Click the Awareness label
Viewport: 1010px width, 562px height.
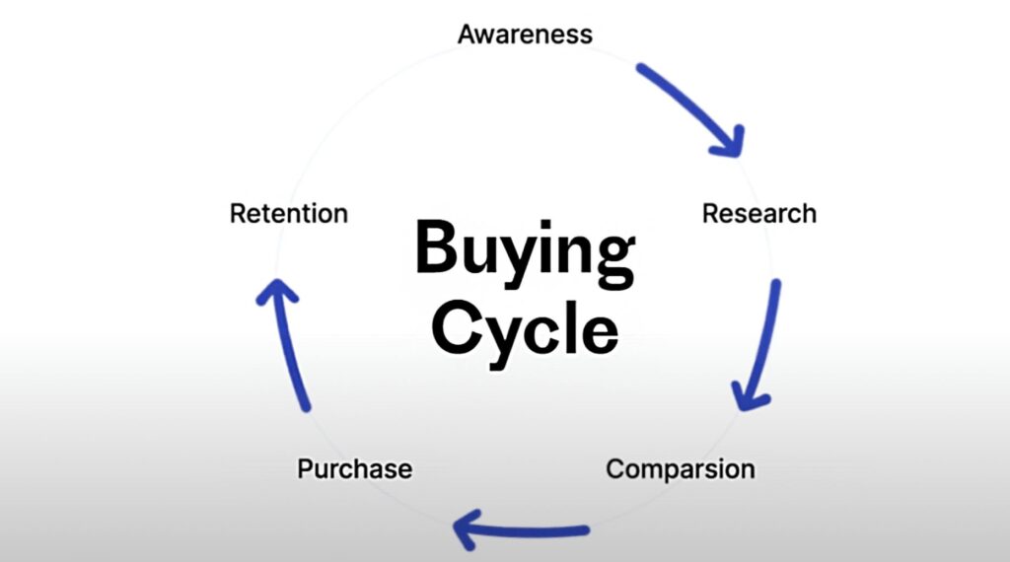coord(525,35)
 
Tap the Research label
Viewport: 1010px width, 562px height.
coord(758,213)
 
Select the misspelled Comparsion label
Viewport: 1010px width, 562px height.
coord(680,468)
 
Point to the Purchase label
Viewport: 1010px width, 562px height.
coord(354,468)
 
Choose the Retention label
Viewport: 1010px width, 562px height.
coord(288,213)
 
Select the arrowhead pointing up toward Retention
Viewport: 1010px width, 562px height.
coord(275,290)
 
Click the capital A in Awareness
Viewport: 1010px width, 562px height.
coord(468,35)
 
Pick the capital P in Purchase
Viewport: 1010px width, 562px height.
coord(305,468)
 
